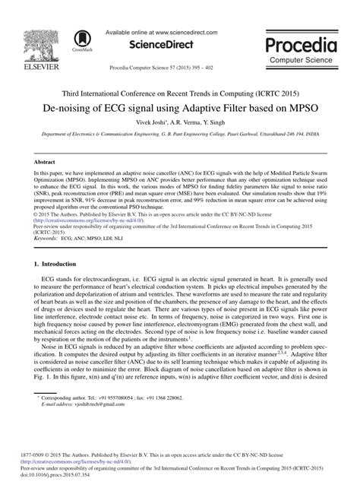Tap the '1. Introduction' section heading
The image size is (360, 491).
tap(55, 263)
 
